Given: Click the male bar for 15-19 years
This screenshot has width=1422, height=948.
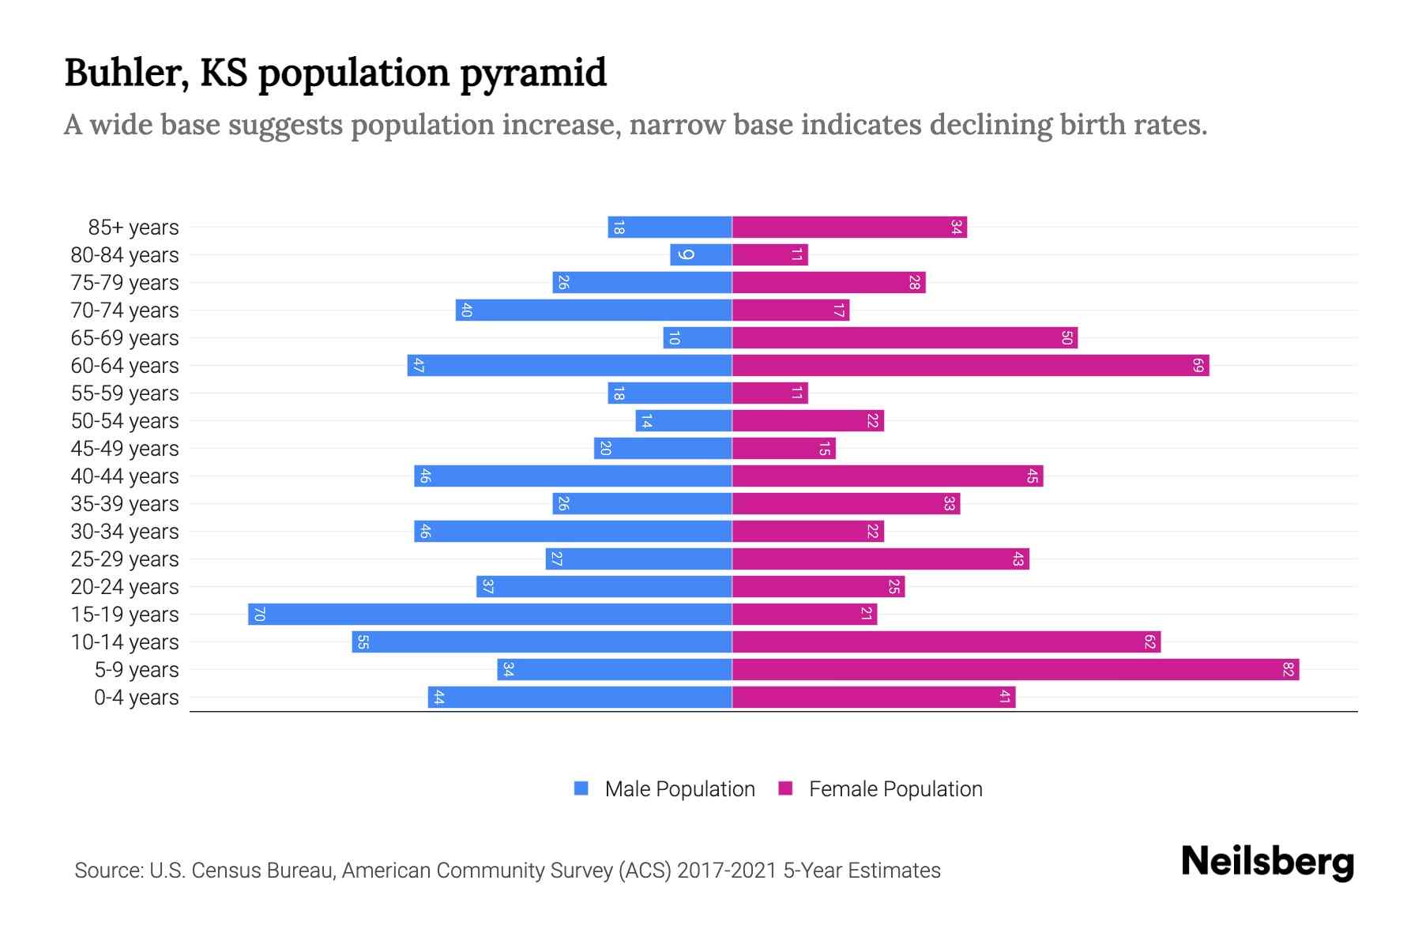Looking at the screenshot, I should pos(490,615).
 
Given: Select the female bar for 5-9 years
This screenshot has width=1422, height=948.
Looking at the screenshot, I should pos(1015,670).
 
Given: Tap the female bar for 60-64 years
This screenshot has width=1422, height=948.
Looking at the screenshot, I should pos(970,366).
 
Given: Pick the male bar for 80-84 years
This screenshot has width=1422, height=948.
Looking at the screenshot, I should pos(701,255).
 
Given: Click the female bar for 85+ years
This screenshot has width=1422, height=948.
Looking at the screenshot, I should pos(849,228).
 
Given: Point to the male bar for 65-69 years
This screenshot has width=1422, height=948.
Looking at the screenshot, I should pos(698,338).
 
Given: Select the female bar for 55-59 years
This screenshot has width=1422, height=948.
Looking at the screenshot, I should pos(769,393).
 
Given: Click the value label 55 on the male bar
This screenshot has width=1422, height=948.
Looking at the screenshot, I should pos(362,642).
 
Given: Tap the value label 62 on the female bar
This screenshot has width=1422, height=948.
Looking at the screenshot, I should pos(1150,642).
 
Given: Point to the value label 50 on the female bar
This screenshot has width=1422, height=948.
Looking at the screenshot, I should pos(1066,338).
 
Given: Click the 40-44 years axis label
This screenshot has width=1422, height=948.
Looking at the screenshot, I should pos(125,476).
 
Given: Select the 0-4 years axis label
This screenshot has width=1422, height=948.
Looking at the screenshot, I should pos(136,698).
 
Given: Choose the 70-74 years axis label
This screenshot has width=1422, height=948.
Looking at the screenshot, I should pos(125,310).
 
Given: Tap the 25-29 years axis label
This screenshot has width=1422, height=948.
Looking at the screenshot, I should pos(125,559).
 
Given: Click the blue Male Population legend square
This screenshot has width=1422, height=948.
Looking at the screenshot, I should pos(581,788).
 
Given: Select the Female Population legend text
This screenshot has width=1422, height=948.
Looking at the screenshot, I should pos(895,789).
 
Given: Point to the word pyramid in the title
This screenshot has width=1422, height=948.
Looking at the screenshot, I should pos(533,73).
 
